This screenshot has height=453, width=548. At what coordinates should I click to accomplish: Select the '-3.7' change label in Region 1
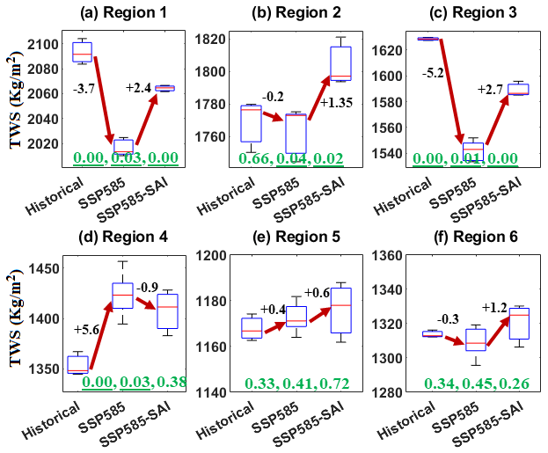click(83, 90)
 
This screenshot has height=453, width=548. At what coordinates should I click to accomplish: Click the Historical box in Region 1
click(82, 52)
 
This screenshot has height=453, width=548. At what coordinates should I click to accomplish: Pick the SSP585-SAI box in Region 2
click(340, 63)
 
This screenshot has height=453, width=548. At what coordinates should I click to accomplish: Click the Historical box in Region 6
click(433, 333)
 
